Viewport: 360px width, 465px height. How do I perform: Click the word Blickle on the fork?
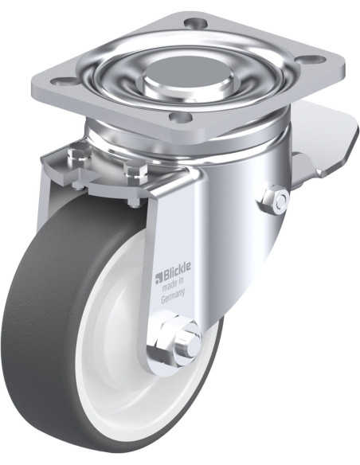click(x=176, y=271)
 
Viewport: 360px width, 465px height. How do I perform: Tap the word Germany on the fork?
click(x=173, y=295)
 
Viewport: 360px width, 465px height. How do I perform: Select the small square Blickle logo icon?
click(x=158, y=277)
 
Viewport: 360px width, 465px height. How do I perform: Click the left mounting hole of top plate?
click(x=64, y=80)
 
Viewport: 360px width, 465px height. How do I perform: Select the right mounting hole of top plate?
click(x=313, y=58)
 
